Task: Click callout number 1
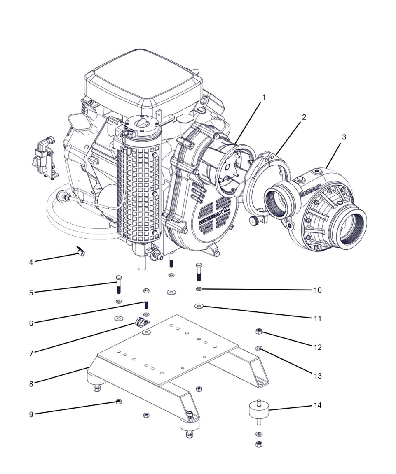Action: click(x=264, y=98)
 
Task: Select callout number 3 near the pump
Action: click(x=344, y=137)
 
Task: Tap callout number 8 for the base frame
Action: click(x=31, y=384)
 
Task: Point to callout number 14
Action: click(x=317, y=405)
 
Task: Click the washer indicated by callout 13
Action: click(x=259, y=349)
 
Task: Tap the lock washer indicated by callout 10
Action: click(x=199, y=289)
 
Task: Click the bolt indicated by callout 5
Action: click(x=119, y=284)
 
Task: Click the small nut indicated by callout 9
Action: click(x=119, y=402)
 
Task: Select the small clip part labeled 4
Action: click(x=81, y=251)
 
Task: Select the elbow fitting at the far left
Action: click(x=44, y=157)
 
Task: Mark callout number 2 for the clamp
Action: click(x=304, y=117)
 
